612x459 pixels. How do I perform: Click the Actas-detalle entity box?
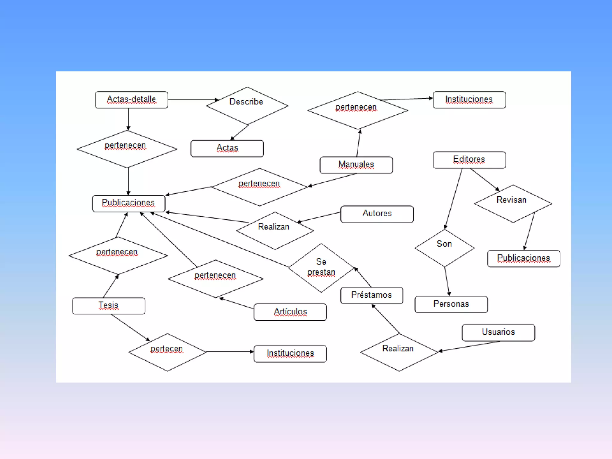pyautogui.click(x=131, y=100)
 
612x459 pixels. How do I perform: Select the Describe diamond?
pyautogui.click(x=247, y=105)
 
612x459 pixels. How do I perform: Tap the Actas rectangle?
pyautogui.click(x=227, y=149)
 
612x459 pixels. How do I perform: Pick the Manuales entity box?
pyautogui.click(x=356, y=165)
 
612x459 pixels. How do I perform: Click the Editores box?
pyautogui.click(x=469, y=160)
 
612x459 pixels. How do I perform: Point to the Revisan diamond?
pyautogui.click(x=513, y=204)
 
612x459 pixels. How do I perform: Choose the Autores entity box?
pyautogui.click(x=377, y=214)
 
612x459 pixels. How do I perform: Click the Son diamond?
pyautogui.click(x=444, y=248)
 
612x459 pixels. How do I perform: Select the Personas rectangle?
pyautogui.click(x=451, y=304)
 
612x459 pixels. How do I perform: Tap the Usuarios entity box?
pyautogui.click(x=498, y=333)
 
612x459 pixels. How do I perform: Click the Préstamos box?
pyautogui.click(x=371, y=295)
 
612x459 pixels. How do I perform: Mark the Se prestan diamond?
pyautogui.click(x=321, y=268)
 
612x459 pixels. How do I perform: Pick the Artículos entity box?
pyautogui.click(x=290, y=312)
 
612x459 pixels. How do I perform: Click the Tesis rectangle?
pyautogui.click(x=108, y=306)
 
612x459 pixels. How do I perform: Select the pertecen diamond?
pyautogui.click(x=167, y=352)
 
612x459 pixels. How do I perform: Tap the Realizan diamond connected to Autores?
pyautogui.click(x=275, y=230)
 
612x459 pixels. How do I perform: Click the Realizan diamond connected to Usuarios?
pyautogui.click(x=399, y=352)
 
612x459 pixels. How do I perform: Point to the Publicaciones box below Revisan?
pyautogui.click(x=524, y=258)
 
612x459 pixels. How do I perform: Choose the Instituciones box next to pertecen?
pyautogui.click(x=290, y=354)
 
